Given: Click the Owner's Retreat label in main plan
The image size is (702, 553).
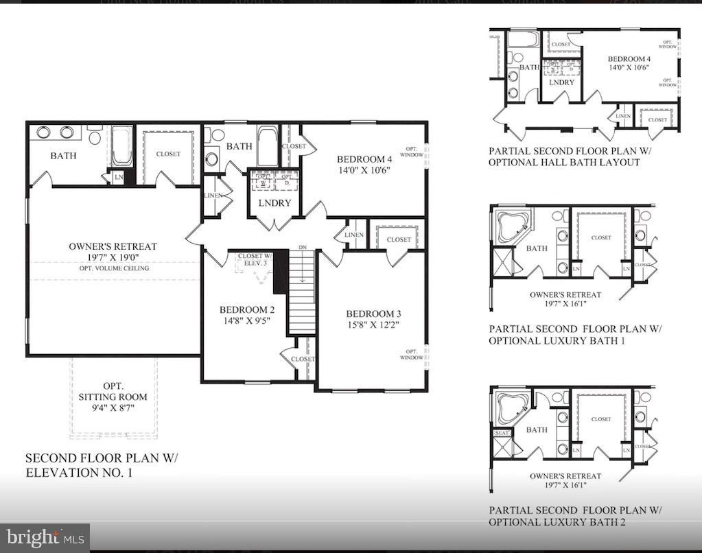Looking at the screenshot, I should click(113, 246).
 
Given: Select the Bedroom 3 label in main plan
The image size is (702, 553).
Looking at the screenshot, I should click(369, 314).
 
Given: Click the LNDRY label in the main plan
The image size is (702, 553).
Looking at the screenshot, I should click(274, 203).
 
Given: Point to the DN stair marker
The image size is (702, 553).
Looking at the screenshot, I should click(302, 247).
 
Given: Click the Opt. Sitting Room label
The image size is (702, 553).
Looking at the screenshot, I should click(113, 397).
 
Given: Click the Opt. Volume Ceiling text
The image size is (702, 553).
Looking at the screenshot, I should click(113, 268).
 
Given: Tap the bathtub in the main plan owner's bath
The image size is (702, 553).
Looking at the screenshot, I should click(122, 145).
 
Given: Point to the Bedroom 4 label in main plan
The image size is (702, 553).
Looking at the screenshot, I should click(364, 160).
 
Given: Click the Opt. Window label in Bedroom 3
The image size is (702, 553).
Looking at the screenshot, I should click(412, 354).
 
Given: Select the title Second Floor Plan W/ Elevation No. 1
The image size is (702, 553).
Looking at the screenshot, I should click(101, 464).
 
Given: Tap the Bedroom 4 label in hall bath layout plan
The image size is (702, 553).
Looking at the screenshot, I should click(629, 59).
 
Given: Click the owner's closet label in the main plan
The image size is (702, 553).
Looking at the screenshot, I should click(167, 154).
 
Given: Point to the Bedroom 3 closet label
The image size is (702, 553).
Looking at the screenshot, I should click(399, 239).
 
